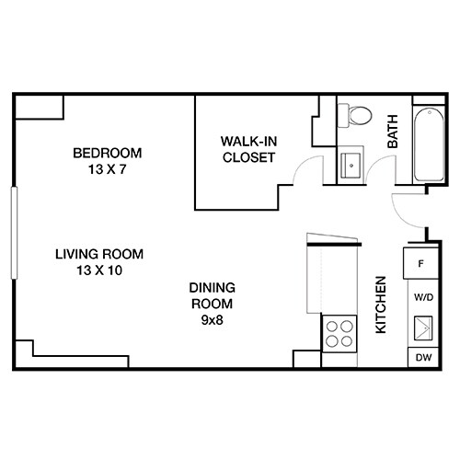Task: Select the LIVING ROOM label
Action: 98,255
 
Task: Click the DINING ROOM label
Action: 212,294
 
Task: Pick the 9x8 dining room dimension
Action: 212,319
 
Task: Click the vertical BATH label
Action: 392,138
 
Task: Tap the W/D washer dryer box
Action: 423,297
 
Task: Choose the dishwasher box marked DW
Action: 422,358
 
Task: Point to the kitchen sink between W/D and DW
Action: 422,328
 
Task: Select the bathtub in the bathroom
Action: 427,145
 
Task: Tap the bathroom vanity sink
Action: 352,166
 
